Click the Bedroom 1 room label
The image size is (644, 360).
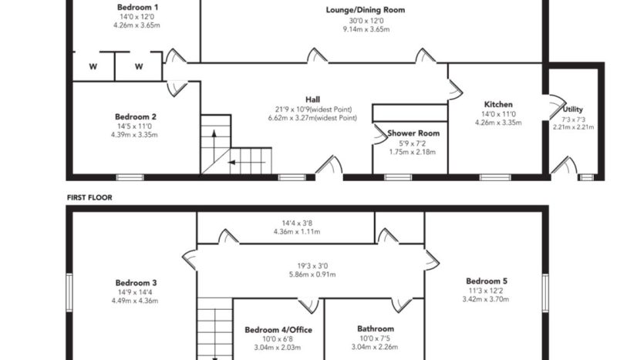(x=137, y=7)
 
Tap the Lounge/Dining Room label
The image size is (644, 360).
(x=365, y=10)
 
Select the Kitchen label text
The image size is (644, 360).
(x=498, y=104)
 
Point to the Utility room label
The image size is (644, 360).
(x=572, y=109)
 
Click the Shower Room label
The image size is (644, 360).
(x=413, y=133)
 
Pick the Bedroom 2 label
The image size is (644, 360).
(x=136, y=117)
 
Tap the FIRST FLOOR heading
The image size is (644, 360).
(x=89, y=197)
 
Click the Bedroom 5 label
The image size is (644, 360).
(x=487, y=281)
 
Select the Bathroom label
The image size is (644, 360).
(x=376, y=329)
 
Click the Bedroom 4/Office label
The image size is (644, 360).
(x=278, y=330)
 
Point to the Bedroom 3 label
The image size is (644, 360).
(x=136, y=283)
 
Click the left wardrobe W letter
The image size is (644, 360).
(x=93, y=66)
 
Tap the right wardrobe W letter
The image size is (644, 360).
(x=139, y=66)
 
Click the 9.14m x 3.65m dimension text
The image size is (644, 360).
(x=366, y=29)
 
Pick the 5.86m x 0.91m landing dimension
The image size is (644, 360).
(x=312, y=274)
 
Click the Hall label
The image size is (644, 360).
(x=312, y=99)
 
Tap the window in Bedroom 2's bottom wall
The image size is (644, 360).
(x=130, y=177)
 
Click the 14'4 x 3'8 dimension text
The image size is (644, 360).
(x=297, y=224)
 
